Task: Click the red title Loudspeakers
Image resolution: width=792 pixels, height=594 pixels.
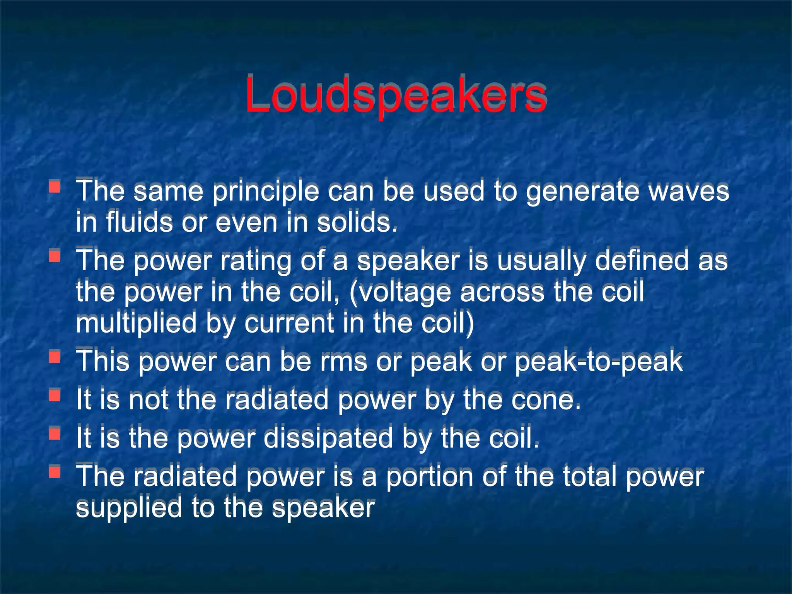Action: pos(395,95)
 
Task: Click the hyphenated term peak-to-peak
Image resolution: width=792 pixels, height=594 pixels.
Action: pos(599,362)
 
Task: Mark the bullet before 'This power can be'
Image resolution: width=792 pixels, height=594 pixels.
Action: pos(55,357)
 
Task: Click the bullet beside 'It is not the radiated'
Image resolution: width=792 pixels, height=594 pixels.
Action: pos(55,395)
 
